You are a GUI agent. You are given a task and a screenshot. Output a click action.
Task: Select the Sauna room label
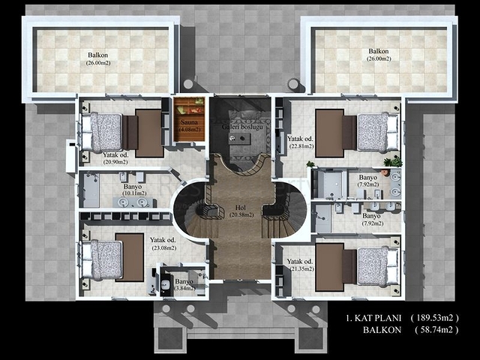click(x=189, y=125)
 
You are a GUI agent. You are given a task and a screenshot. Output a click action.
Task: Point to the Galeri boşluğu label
click(x=239, y=127)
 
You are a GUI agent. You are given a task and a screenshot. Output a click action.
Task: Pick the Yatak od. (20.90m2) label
click(x=97, y=157)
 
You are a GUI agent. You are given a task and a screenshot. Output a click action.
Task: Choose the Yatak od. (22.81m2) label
click(x=300, y=142)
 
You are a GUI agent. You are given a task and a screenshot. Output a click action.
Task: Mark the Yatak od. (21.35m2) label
click(x=300, y=265)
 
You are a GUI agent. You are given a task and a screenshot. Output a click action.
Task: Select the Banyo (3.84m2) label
click(x=184, y=284)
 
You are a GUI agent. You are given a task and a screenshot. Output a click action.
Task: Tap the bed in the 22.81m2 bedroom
click(x=375, y=132)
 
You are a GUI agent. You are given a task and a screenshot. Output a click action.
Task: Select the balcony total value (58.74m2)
click(x=441, y=330)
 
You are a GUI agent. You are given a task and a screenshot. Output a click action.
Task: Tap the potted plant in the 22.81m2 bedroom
click(x=388, y=160)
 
